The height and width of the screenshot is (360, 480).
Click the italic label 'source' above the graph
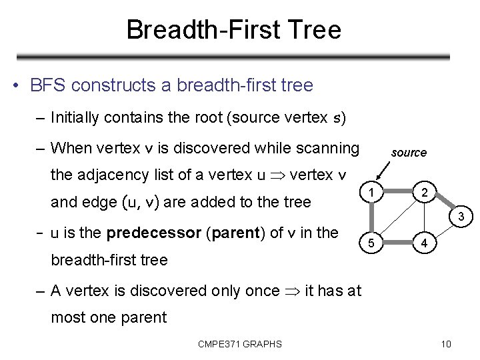[409, 153]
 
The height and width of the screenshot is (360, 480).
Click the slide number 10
[446, 344]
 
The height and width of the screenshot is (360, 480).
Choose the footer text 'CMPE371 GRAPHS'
[240, 344]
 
